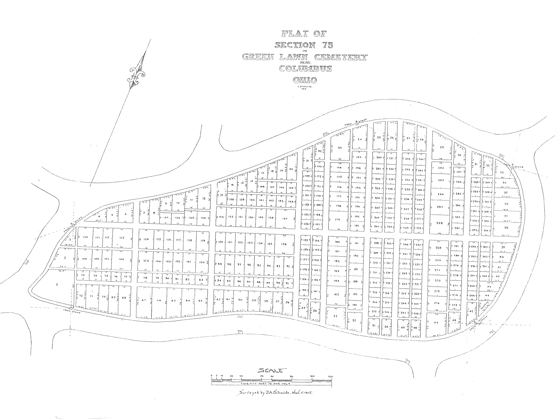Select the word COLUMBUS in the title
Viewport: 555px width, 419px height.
click(305, 68)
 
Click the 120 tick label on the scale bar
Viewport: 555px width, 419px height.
click(330, 376)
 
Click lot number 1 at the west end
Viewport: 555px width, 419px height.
click(57, 285)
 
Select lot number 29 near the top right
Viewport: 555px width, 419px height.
click(442, 147)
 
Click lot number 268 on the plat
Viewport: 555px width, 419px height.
click(439, 223)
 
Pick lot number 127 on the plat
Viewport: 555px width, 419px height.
click(285, 219)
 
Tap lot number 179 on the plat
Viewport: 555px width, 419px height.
click(337, 220)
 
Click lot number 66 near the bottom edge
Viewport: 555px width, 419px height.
click(159, 300)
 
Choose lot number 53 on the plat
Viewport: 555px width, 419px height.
click(335, 316)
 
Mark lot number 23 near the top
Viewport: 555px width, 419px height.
click(340, 148)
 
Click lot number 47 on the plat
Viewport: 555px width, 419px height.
click(436, 323)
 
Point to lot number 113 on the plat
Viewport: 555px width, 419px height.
click(122, 238)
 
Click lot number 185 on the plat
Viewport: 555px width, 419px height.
click(336, 294)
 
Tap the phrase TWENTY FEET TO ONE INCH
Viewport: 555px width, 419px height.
click(265, 384)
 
